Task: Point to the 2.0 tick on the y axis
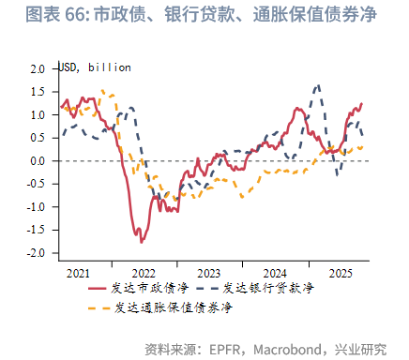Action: [38, 69]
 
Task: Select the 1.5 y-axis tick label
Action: [38, 92]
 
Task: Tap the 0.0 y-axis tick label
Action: [38, 161]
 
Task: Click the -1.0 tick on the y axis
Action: [36, 207]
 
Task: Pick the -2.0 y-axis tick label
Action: [36, 253]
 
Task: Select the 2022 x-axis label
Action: [144, 272]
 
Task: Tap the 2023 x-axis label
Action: [208, 272]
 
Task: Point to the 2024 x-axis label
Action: [274, 272]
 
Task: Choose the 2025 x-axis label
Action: [339, 272]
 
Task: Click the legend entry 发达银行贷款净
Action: [268, 289]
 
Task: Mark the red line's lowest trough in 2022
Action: [142, 242]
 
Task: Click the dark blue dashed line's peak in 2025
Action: [317, 85]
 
